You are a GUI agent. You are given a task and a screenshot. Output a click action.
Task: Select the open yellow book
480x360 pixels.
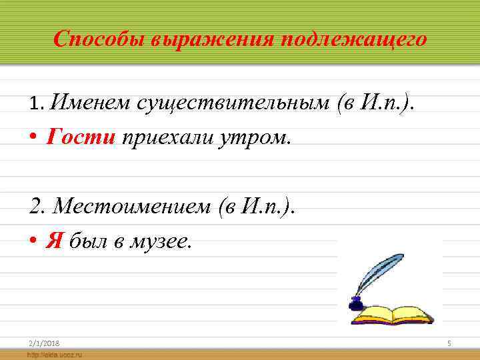[396, 313]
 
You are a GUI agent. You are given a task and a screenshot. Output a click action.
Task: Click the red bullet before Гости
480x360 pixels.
[33, 137]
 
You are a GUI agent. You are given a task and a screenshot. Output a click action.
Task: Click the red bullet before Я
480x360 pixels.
[33, 241]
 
